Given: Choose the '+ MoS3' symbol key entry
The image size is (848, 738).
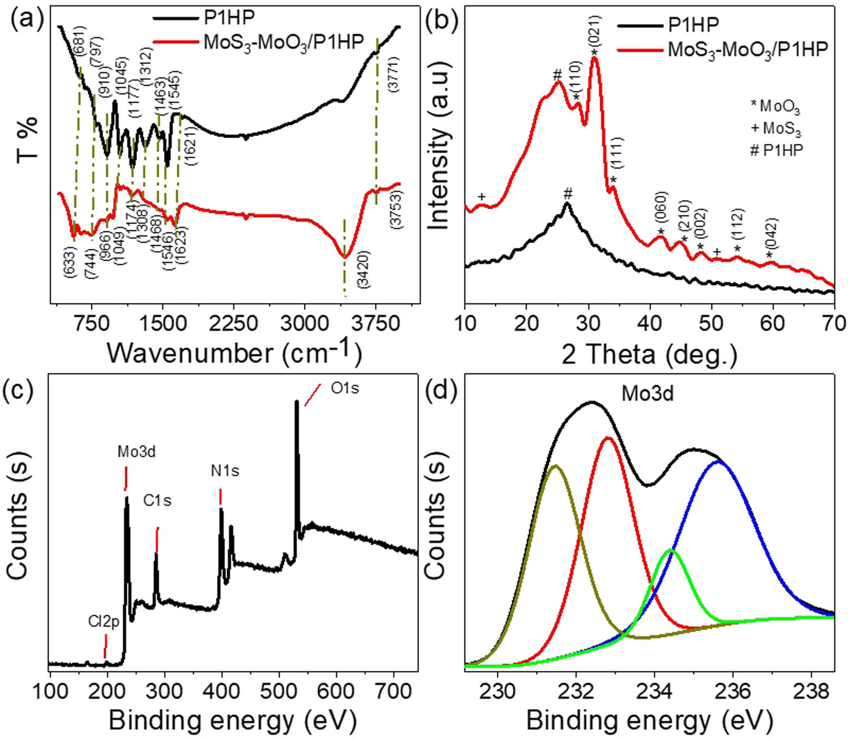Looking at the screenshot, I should [776, 129].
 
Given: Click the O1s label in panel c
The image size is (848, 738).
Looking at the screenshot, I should [345, 389].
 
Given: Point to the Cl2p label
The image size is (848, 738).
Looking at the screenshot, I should [103, 623].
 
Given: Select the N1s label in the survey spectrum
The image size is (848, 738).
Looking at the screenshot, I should [225, 471].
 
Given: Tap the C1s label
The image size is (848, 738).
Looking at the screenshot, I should [157, 501].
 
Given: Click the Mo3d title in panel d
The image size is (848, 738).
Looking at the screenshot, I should [647, 394].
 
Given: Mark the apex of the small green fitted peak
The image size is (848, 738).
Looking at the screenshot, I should [670, 550].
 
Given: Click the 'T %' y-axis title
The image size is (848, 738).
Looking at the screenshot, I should [27, 139].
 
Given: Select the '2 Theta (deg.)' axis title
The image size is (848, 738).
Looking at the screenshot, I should [650, 355].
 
